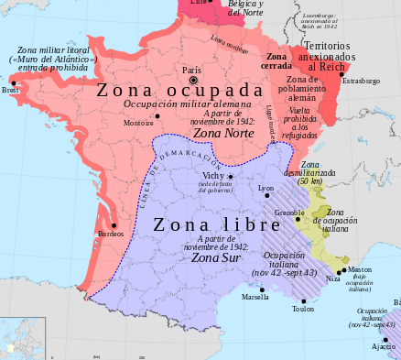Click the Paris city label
[x=191, y=70]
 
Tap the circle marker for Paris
[x=193, y=80]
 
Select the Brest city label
[x=10, y=91]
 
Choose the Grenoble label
[x=289, y=213]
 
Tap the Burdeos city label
[x=111, y=234]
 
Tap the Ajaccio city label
[x=383, y=346]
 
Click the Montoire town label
[x=139, y=123]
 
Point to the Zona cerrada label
[x=276, y=62]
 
